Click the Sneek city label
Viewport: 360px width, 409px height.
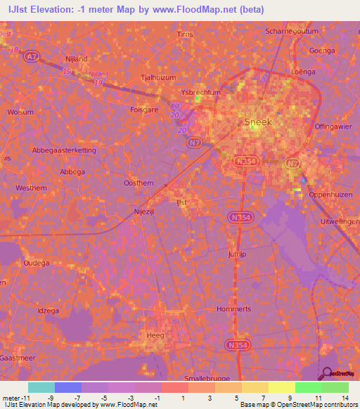(257, 122)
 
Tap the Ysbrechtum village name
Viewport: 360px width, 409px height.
(200, 93)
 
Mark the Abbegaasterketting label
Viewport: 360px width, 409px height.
(64, 150)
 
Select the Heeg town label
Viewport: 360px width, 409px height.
(155, 335)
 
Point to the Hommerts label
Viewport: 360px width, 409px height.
(234, 309)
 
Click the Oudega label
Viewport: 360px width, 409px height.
(37, 263)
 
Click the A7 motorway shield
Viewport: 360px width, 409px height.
(31, 56)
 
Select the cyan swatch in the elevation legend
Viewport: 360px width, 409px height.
(41, 387)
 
